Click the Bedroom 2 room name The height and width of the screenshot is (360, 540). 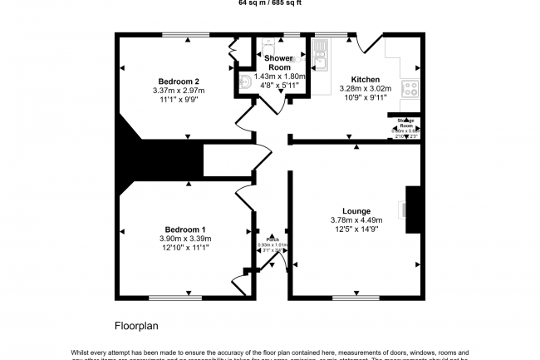pyautogui.click(x=174, y=81)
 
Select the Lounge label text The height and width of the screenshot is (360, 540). pyautogui.click(x=356, y=210)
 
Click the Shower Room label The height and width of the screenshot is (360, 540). pyautogui.click(x=278, y=63)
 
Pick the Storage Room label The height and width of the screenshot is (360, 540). pyautogui.click(x=405, y=122)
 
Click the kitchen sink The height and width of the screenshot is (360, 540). pyautogui.click(x=321, y=57)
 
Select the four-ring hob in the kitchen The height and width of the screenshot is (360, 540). pyautogui.click(x=410, y=87)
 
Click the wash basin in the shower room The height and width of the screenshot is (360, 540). pyautogui.click(x=246, y=81)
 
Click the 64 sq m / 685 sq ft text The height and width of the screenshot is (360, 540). pyautogui.click(x=270, y=2)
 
